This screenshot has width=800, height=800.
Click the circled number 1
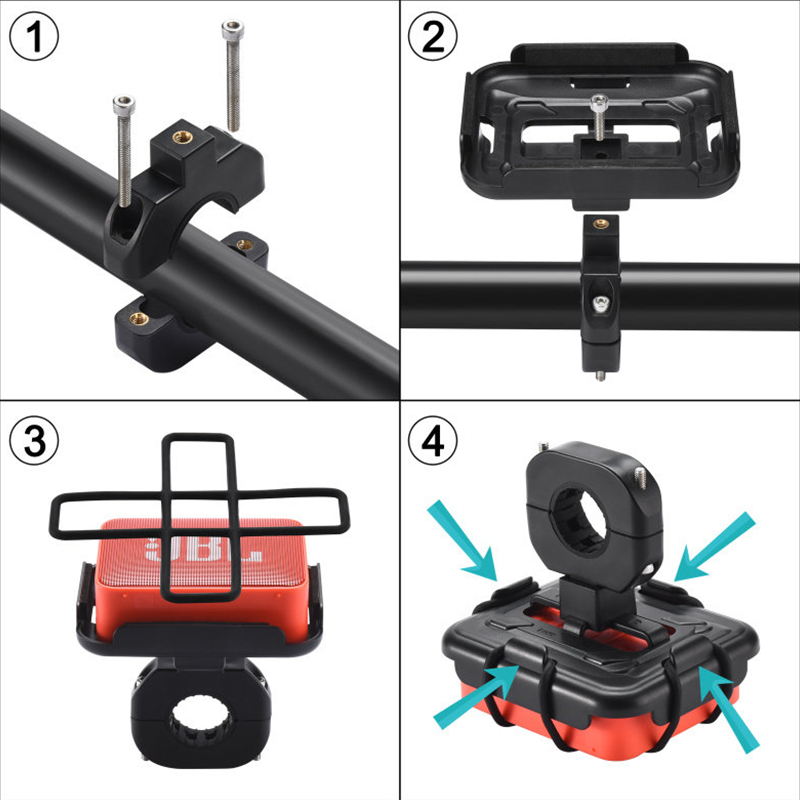coord(34,37)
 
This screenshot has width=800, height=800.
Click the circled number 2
coord(433,37)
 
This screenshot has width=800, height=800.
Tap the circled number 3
coord(34,440)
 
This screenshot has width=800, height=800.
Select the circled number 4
coord(433,440)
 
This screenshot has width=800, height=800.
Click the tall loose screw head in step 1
coord(233,30)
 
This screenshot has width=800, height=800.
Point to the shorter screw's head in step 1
coord(124,105)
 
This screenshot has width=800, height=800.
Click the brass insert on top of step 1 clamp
coord(182,137)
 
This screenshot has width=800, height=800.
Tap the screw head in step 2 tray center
coord(599,103)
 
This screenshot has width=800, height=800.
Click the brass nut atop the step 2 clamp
coord(601,223)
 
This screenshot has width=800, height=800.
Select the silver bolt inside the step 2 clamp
coord(601,305)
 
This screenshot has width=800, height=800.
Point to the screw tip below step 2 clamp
coord(601,377)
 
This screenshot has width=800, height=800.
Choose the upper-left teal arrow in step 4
coord(463,541)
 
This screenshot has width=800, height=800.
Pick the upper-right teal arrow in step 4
coord(713,546)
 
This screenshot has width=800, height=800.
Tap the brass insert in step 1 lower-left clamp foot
coord(138,319)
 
